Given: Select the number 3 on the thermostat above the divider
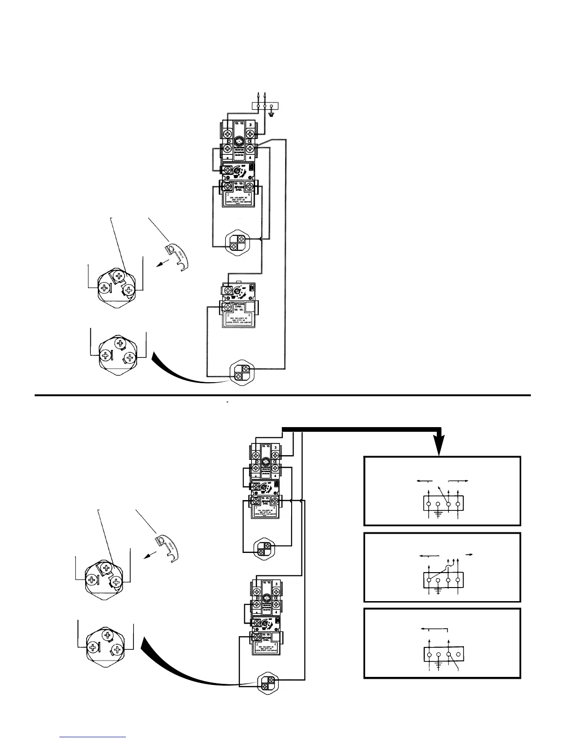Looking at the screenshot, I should [x=250, y=125].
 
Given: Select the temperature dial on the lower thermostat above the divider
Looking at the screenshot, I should [x=238, y=291].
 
